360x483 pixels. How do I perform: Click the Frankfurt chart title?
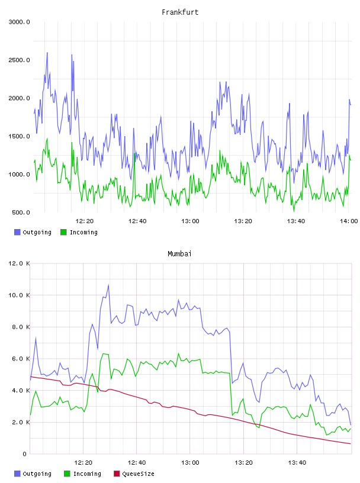(180, 12)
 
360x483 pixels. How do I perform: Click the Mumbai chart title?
(179, 254)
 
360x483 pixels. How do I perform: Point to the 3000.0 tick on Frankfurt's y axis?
(19, 22)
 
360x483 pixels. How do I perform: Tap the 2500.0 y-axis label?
(19, 60)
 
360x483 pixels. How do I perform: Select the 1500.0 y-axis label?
(19, 137)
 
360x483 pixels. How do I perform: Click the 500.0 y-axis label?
(21, 212)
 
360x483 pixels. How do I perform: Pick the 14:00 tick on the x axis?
(349, 221)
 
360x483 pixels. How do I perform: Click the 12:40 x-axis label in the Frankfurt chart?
(137, 221)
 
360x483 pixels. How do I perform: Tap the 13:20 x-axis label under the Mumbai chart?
(243, 463)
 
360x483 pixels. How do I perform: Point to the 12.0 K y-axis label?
(19, 263)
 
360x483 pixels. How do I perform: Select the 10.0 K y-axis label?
(19, 295)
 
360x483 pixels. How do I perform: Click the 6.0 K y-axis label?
(21, 359)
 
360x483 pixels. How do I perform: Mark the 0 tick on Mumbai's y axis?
(25, 454)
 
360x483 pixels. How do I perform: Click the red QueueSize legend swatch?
(117, 474)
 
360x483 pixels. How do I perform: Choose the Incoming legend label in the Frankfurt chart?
(83, 232)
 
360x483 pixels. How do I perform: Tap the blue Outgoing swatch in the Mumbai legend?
(17, 474)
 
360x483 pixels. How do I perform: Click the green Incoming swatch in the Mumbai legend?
(67, 474)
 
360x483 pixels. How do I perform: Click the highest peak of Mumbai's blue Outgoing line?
(108, 285)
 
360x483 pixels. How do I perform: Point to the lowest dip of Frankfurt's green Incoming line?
(294, 211)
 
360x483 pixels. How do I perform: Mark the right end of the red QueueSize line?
(351, 444)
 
